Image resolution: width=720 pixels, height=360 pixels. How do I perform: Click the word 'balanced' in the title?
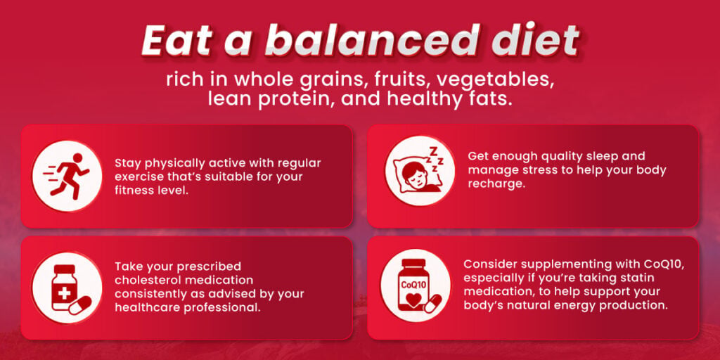pos(377,41)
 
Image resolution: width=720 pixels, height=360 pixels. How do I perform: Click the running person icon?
pos(66,175)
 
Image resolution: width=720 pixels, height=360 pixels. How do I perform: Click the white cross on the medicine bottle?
pos(64,292)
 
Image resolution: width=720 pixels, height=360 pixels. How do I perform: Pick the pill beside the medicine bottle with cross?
pos(79,306)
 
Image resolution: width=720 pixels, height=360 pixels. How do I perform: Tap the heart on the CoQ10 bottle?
pos(413,300)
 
